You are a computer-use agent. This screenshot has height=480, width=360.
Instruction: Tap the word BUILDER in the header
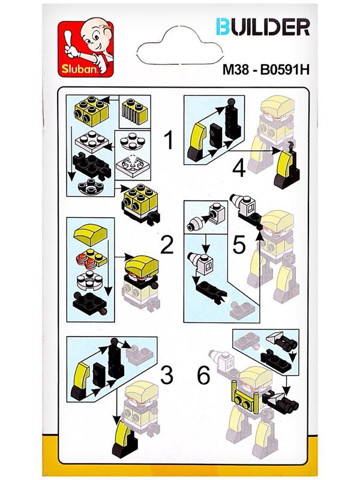(x=263, y=27)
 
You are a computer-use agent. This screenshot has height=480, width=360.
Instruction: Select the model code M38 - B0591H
(x=266, y=70)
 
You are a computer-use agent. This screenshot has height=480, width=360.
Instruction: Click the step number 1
(x=169, y=140)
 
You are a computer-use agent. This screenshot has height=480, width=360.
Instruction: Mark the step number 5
(x=239, y=244)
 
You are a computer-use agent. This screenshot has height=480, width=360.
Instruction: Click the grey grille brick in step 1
(x=134, y=111)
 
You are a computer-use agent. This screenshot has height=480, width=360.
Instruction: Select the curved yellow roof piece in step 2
(x=91, y=233)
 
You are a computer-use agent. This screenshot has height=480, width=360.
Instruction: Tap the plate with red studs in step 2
(x=91, y=257)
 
